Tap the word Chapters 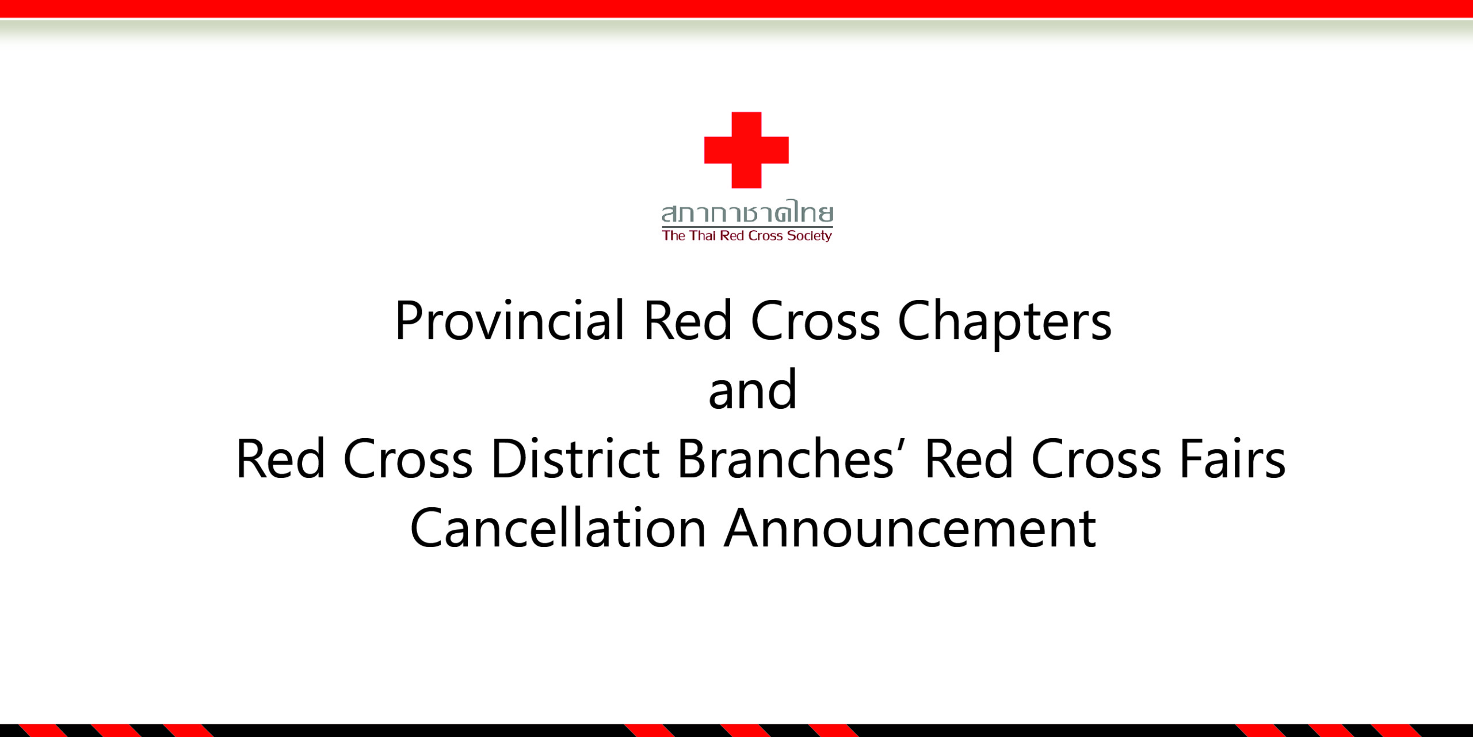[1005, 325]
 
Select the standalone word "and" [753, 390]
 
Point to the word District [575, 458]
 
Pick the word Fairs [1232, 458]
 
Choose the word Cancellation [558, 528]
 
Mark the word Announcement [910, 528]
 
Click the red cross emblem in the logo [746, 150]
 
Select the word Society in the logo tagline [810, 236]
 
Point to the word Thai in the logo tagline [703, 235]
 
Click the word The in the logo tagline [674, 235]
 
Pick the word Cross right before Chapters [815, 321]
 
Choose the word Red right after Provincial [688, 321]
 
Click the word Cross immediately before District [408, 458]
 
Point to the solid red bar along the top [736, 9]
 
